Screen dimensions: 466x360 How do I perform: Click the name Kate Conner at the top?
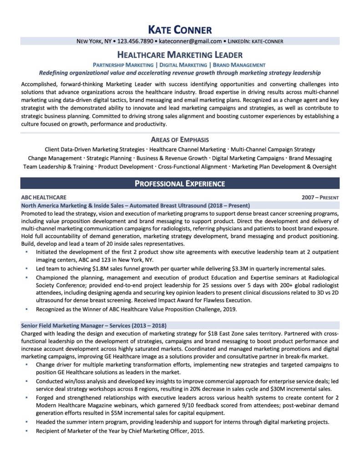point(180,30)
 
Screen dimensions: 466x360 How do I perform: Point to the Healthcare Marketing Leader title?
point(180,55)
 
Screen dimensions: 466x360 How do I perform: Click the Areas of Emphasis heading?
point(180,140)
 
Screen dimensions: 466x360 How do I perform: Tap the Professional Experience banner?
point(180,184)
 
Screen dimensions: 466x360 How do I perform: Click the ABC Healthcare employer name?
point(44,198)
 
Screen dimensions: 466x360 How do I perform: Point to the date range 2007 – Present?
point(320,198)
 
